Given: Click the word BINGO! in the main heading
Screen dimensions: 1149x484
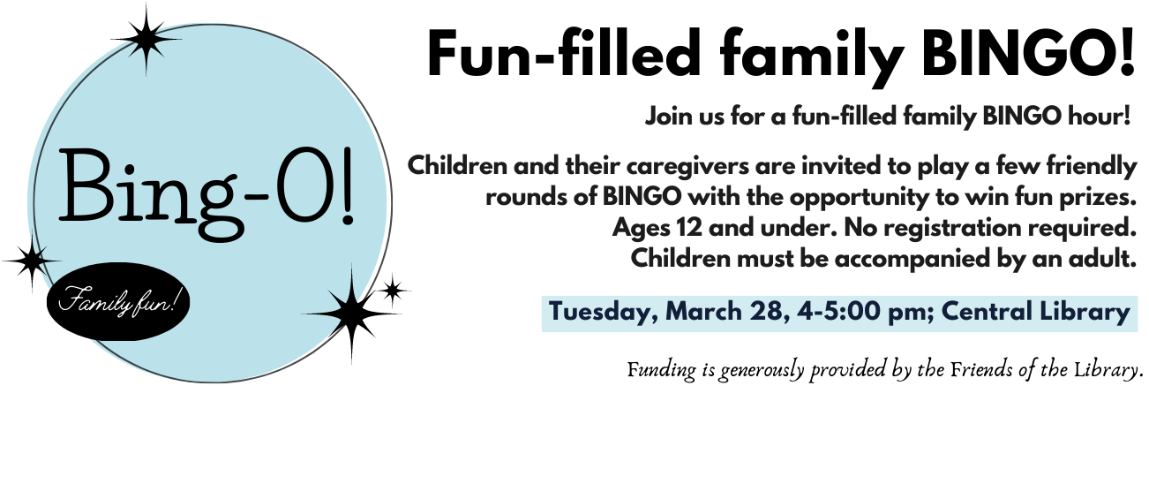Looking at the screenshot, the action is (x=1028, y=53).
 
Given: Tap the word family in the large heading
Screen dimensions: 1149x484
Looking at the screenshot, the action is (x=812, y=57).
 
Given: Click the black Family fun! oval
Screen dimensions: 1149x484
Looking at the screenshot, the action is (x=118, y=302).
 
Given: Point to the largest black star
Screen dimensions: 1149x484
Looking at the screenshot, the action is (x=351, y=313).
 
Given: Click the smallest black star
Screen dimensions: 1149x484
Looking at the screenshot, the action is (x=393, y=291).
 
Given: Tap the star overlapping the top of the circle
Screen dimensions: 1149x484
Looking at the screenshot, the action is (x=146, y=39).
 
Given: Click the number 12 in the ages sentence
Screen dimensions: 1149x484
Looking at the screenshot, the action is (x=689, y=228).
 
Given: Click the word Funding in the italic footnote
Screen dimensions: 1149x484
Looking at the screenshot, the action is (x=662, y=370).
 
